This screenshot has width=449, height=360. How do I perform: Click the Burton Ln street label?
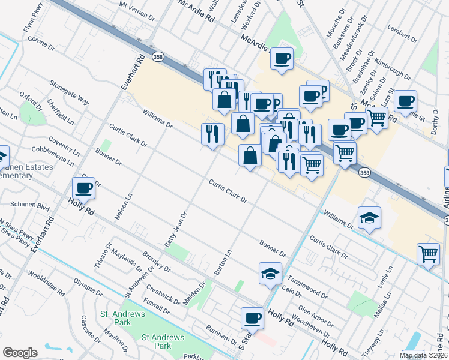pyautogui.click(x=223, y=263)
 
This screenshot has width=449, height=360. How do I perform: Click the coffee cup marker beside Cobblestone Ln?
pyautogui.click(x=84, y=188)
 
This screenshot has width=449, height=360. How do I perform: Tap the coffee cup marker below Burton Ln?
pyautogui.click(x=253, y=319)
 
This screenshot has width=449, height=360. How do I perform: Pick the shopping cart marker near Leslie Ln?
pyautogui.click(x=429, y=254)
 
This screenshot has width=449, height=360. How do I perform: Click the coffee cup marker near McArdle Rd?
pyautogui.click(x=282, y=59)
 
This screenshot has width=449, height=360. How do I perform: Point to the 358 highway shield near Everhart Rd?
pyautogui.click(x=157, y=56)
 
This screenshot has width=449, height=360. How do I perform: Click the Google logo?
pyautogui.click(x=20, y=352)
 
